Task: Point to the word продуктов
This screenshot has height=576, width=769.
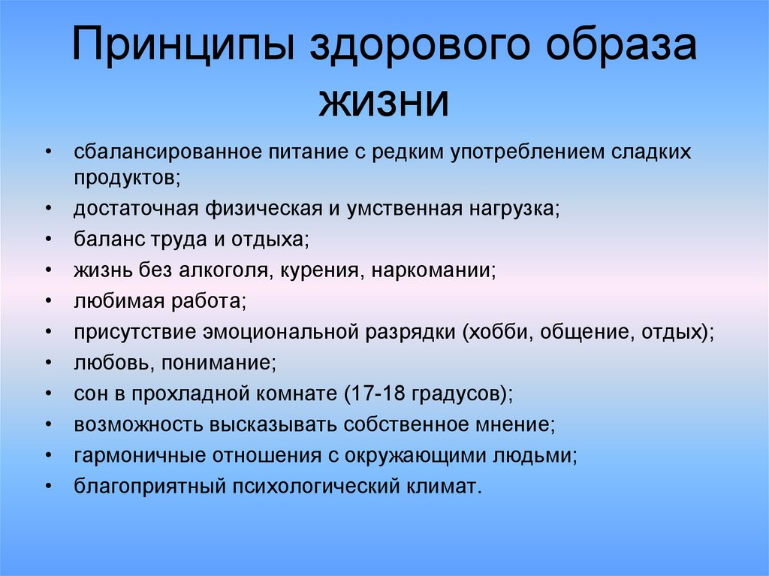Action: point(125,177)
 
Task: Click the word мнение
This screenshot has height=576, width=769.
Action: point(511,424)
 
